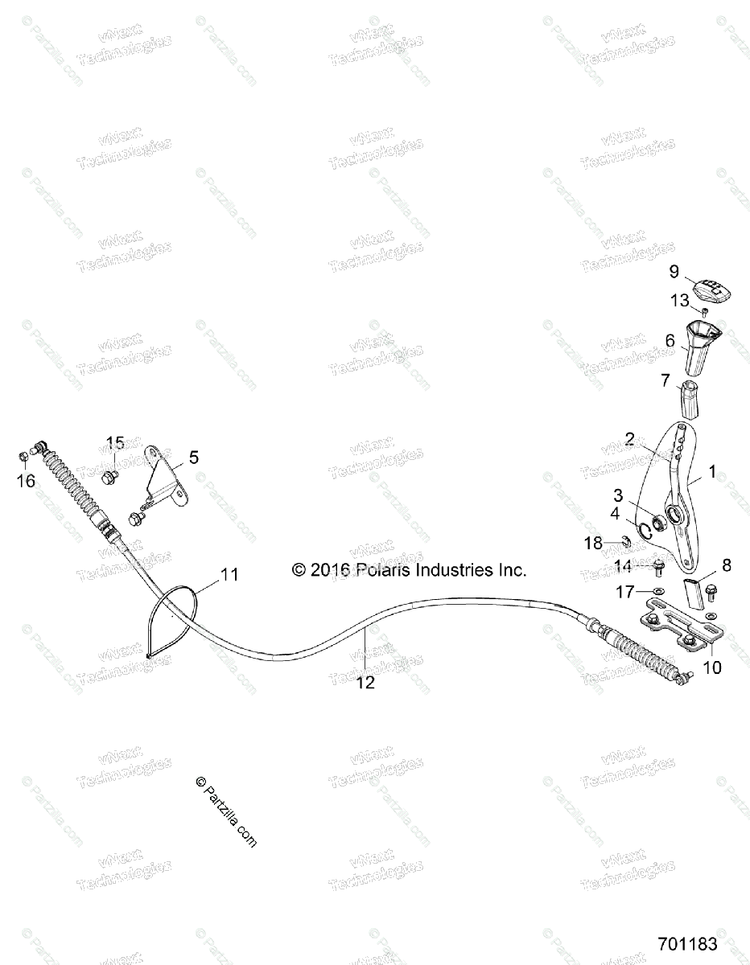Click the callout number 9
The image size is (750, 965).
point(674,270)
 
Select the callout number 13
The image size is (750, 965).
point(680,301)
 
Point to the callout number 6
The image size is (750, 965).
point(670,340)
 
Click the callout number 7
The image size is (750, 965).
point(666,380)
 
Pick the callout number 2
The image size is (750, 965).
point(630,439)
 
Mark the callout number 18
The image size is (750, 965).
point(593,544)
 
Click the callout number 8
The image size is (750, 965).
point(704,565)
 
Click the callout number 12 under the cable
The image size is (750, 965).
point(365,682)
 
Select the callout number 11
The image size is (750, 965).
point(229,574)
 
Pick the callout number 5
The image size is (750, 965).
point(193,458)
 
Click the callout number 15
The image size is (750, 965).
point(115,442)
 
